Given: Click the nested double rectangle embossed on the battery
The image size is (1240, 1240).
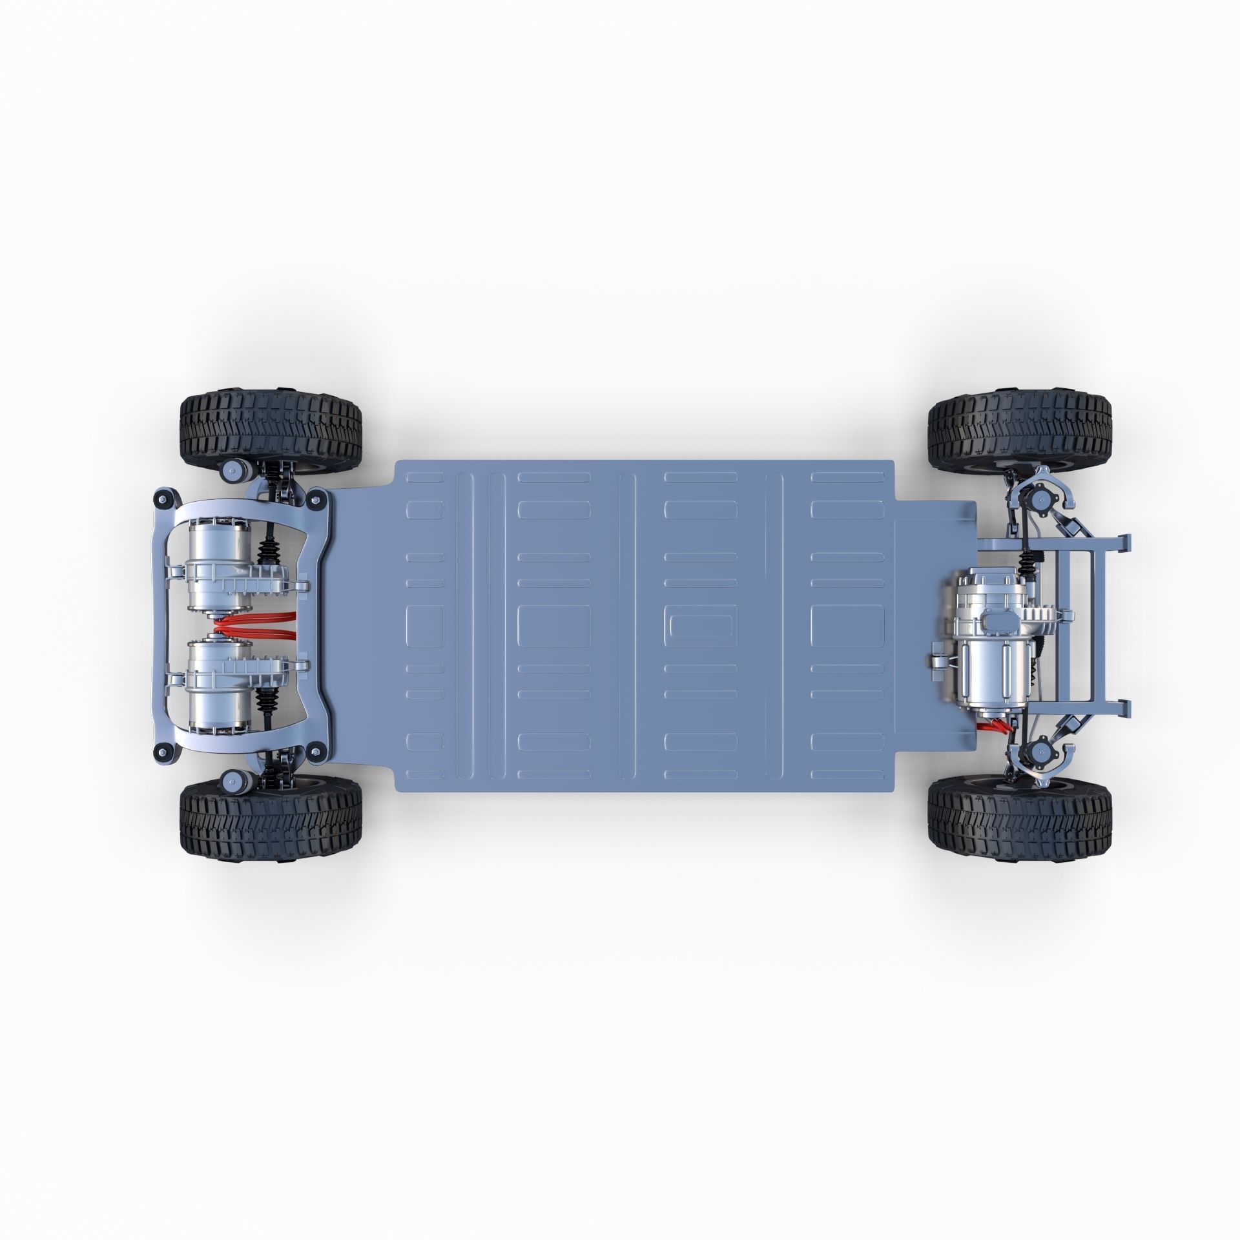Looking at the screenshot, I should pos(700,625).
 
